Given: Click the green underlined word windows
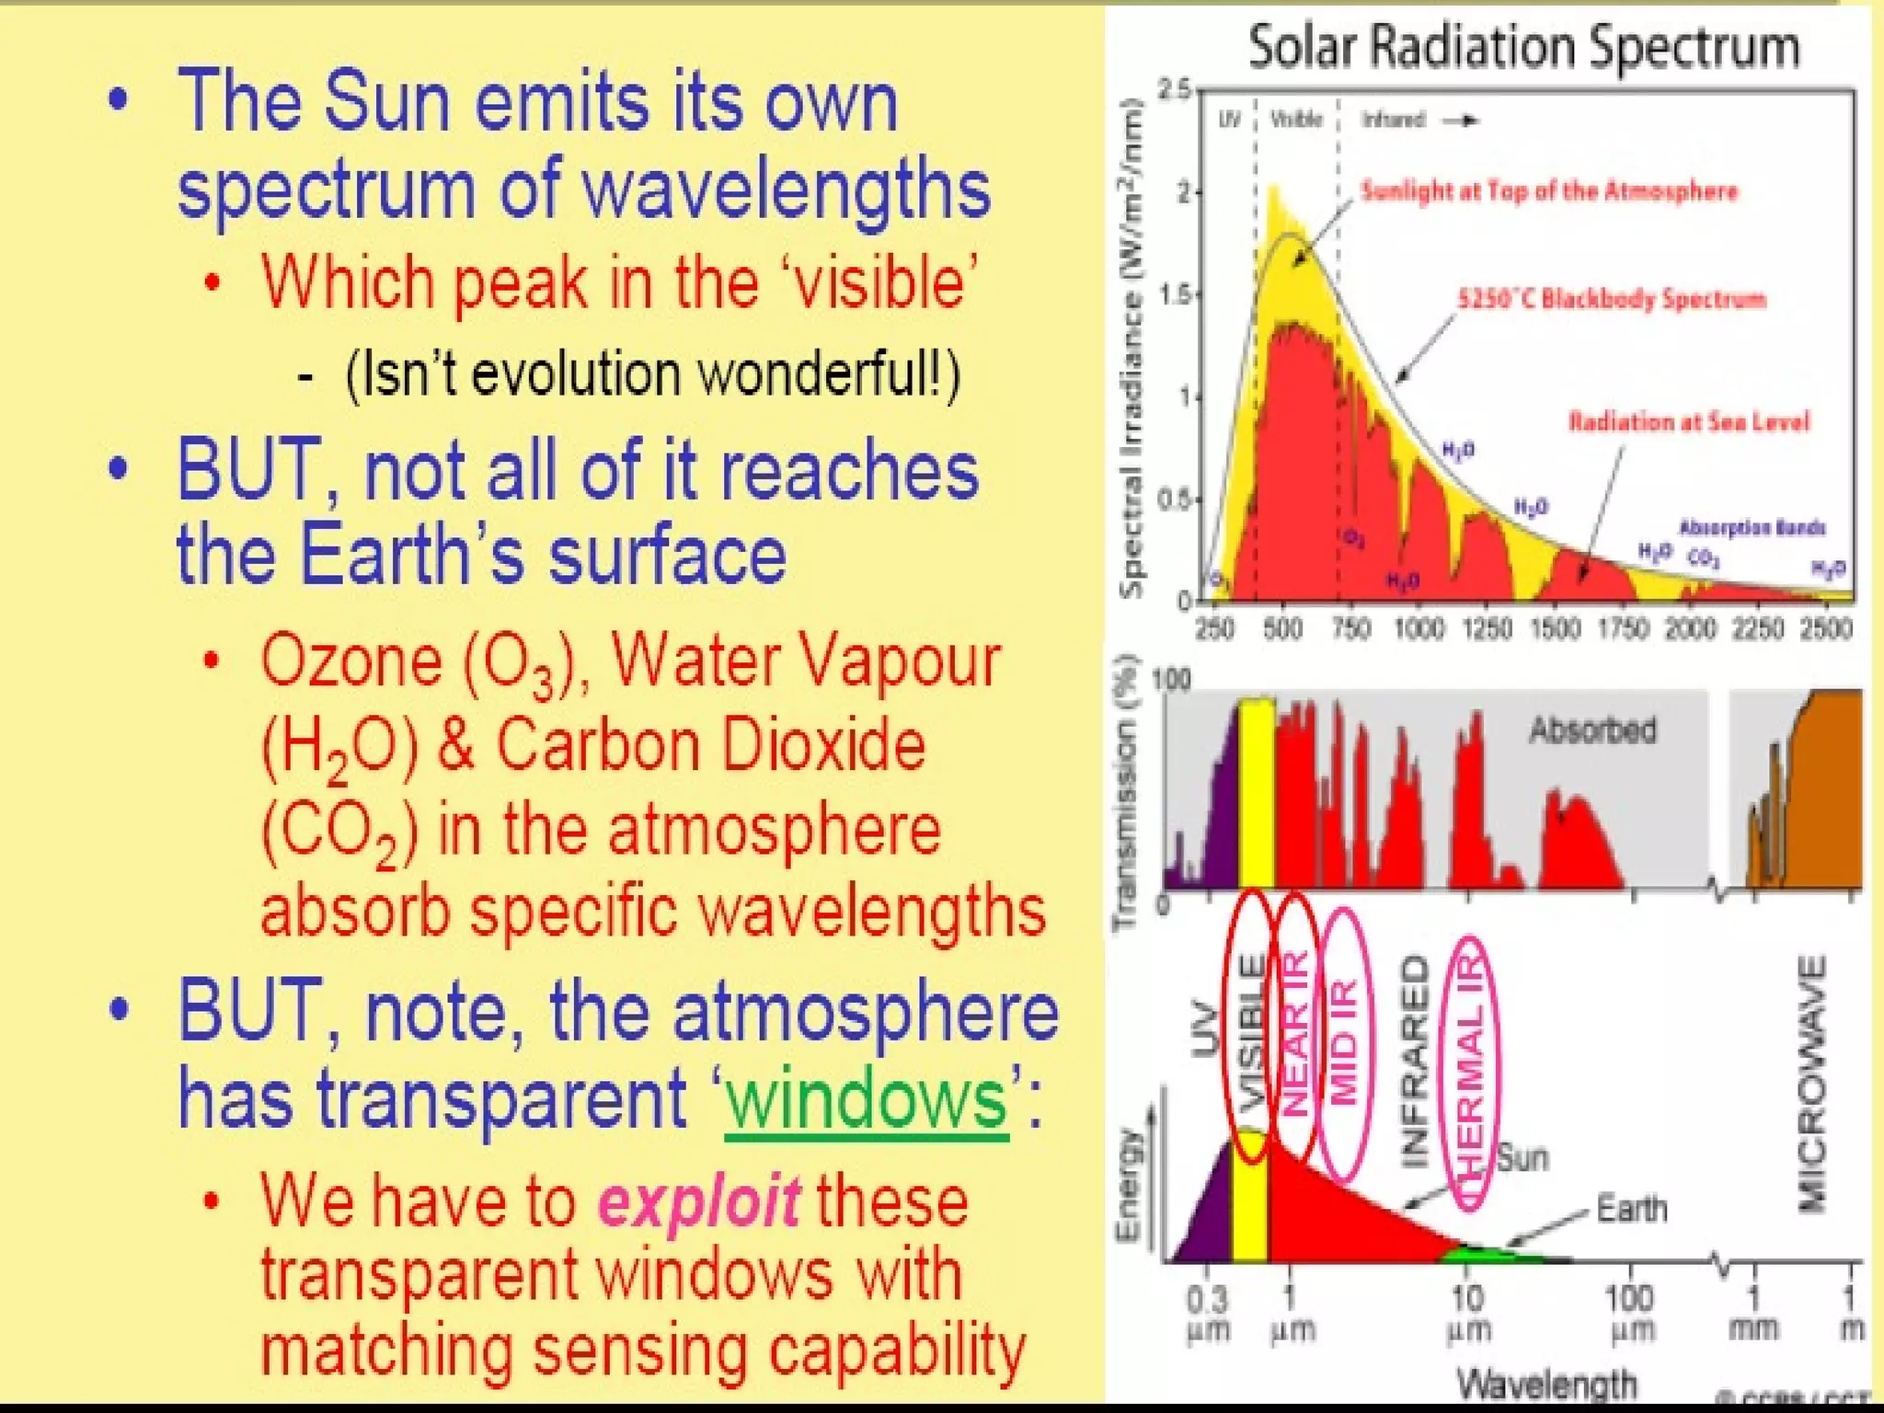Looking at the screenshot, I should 866,1099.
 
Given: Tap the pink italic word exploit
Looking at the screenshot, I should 698,1200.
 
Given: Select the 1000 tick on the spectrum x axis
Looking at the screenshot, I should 1419,628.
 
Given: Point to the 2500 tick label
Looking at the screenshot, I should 1825,628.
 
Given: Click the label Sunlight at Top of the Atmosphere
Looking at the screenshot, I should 1549,191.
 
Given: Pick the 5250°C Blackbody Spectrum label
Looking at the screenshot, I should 1612,299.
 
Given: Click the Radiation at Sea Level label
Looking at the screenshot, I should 1689,422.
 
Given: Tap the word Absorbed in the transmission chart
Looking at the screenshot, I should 1592,730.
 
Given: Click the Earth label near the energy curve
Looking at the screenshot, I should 1631,1208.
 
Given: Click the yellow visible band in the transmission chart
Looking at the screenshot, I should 1257,791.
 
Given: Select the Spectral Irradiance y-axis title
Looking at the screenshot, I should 1132,350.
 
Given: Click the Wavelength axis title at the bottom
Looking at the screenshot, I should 1547,1384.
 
